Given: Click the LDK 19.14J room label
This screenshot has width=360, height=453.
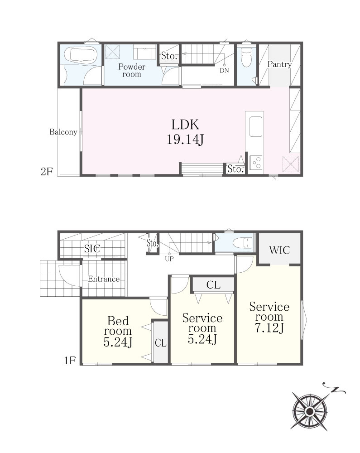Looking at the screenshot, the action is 185,132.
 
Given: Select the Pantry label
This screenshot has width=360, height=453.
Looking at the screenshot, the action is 279,64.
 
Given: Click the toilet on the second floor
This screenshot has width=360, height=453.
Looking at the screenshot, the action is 246,57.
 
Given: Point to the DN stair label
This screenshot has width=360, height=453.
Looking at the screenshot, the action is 224,70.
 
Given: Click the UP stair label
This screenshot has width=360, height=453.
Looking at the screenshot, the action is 169,259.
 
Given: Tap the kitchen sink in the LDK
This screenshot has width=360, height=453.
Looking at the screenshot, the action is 256,126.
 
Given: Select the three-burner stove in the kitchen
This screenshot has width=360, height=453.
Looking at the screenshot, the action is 256,162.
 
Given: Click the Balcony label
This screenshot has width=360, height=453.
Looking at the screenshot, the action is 63,132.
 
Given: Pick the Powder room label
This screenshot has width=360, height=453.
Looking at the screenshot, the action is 132,71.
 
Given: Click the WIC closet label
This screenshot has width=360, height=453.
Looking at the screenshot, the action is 279,250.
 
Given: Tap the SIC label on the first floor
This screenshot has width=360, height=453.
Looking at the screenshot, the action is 92,248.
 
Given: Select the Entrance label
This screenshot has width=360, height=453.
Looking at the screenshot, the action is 104,279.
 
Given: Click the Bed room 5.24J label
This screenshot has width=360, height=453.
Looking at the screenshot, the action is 118,331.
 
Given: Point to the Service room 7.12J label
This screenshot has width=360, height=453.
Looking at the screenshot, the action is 269,317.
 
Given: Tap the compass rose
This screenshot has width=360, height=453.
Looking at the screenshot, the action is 310,410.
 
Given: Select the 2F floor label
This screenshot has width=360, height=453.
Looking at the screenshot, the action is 47,172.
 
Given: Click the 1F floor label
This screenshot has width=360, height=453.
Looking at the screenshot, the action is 70,361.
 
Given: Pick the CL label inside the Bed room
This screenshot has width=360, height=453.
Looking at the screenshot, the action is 160,343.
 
